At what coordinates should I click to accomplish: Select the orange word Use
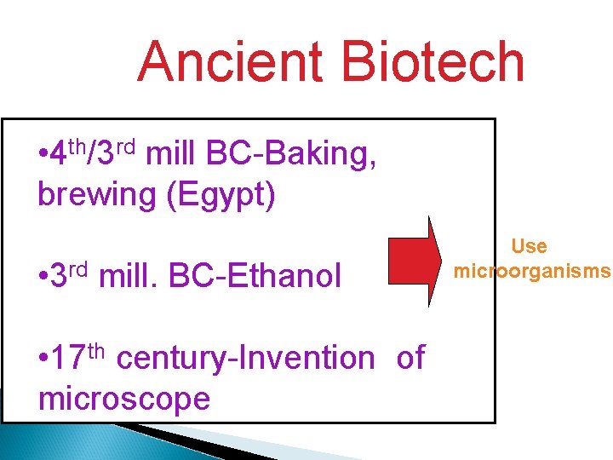point(529,247)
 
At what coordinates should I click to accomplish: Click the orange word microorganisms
point(532,272)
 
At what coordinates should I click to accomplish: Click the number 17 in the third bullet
point(66,359)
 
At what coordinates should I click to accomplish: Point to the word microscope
point(123,398)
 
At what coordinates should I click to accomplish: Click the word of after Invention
point(410,359)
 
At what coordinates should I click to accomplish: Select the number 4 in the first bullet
point(59,156)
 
